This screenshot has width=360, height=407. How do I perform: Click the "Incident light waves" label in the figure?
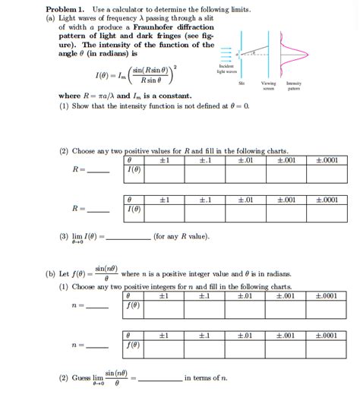228,68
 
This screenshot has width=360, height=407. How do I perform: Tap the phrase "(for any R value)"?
182,235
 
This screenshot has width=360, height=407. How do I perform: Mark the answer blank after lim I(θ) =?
128,237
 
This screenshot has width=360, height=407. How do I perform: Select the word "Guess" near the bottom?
81,377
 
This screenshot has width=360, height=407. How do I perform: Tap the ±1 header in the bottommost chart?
163,335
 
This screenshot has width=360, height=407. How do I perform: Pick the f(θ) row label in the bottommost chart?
134,344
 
